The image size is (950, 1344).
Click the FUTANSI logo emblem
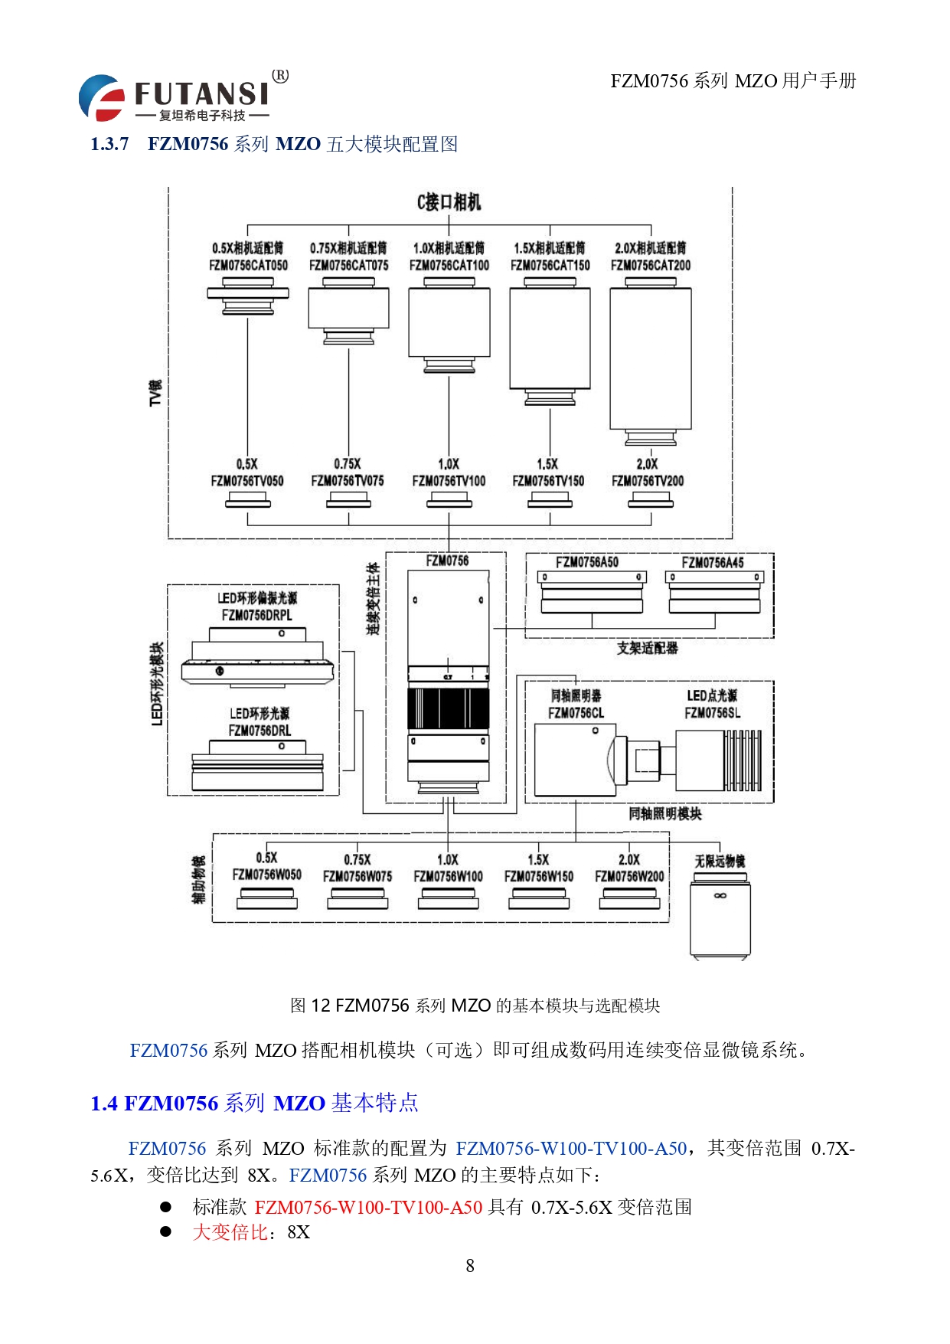[x=102, y=97]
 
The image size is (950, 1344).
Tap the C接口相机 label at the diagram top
[x=449, y=202]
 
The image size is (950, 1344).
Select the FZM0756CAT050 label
[x=248, y=266]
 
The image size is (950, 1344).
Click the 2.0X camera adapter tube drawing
[x=651, y=360]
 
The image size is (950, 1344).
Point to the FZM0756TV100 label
[x=449, y=481]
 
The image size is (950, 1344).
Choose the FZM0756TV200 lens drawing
[x=651, y=500]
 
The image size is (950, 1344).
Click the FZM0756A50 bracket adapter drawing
[x=592, y=593]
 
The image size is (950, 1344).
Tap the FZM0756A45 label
[x=713, y=563]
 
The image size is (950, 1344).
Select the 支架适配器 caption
[x=648, y=649]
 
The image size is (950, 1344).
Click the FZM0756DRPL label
[x=256, y=615]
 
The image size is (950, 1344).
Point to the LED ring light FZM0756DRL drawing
[x=257, y=765]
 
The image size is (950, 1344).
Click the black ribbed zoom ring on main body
[x=448, y=708]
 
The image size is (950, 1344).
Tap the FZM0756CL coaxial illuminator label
[x=576, y=714]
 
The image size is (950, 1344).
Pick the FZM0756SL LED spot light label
[x=712, y=714]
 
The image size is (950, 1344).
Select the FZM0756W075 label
[x=357, y=876]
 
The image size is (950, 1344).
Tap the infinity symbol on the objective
[x=720, y=895]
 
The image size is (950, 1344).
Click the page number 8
[x=470, y=1266]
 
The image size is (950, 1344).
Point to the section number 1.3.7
[x=109, y=144]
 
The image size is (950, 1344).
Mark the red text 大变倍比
[x=230, y=1232]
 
